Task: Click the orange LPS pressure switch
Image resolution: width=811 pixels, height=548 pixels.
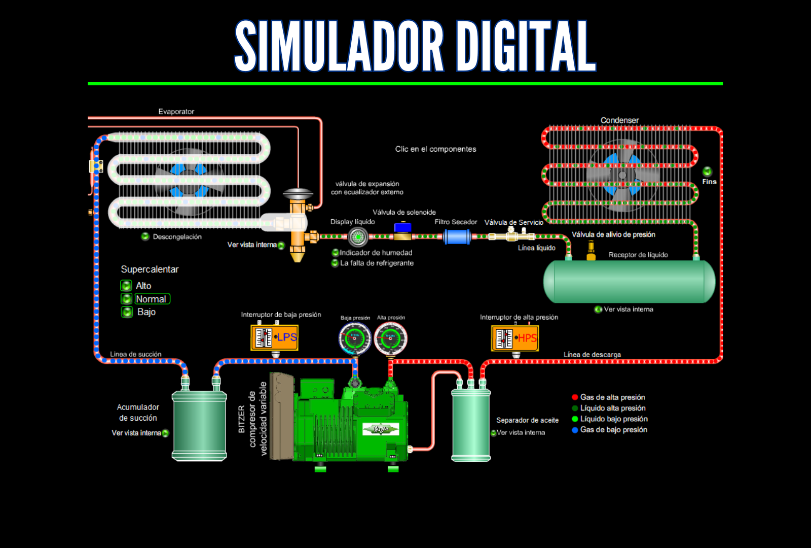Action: click(x=274, y=337)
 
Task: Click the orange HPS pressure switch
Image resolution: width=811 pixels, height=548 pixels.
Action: click(x=514, y=338)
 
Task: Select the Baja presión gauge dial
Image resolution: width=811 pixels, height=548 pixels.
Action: click(x=355, y=338)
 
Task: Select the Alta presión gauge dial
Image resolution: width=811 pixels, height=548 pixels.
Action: click(x=391, y=338)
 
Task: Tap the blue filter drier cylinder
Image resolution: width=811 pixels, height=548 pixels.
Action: click(x=457, y=236)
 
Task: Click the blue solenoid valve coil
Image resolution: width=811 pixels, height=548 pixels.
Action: click(x=402, y=228)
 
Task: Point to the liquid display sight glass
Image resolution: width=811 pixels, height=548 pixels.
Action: click(x=358, y=236)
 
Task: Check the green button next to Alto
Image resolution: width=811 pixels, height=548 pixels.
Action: click(x=126, y=286)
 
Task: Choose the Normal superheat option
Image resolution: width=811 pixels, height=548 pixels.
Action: click(x=151, y=299)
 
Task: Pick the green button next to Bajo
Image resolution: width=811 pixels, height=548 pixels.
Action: click(x=127, y=312)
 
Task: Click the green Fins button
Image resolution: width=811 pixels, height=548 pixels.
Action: click(x=707, y=172)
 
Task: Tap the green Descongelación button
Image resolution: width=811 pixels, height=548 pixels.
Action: click(x=145, y=236)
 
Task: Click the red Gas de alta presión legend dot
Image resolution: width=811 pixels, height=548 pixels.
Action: click(x=575, y=397)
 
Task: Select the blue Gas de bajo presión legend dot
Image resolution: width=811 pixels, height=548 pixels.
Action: click(x=575, y=430)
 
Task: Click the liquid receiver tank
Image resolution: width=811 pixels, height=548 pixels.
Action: click(x=629, y=282)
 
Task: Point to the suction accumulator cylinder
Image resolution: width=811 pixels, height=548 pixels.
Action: click(x=199, y=425)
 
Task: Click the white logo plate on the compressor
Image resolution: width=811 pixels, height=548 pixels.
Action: click(x=381, y=429)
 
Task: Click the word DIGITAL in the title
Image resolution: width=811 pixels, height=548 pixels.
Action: click(x=526, y=47)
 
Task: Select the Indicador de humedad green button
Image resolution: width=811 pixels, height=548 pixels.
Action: click(x=335, y=253)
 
